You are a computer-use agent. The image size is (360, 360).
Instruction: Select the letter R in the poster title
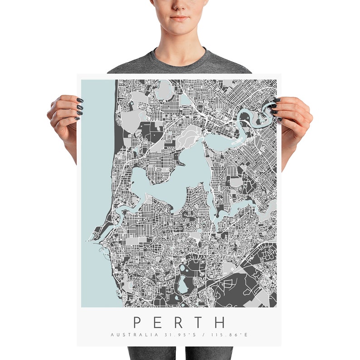point(179,322)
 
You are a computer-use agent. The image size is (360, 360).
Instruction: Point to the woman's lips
point(180,19)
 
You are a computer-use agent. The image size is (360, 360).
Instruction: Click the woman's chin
point(180,31)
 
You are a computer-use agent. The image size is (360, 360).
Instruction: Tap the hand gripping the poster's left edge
point(66,116)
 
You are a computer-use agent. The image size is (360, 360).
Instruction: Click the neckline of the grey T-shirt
point(180,63)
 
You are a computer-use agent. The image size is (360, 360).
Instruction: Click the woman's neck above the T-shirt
point(180,48)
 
